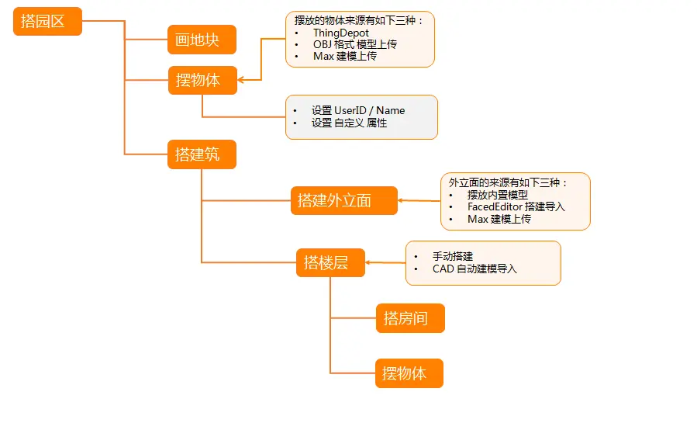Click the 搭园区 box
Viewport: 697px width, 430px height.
[47, 21]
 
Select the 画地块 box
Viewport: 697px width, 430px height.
[202, 40]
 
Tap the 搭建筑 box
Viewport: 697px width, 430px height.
[202, 154]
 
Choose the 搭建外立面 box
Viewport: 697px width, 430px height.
[343, 200]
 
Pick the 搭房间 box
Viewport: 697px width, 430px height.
[410, 318]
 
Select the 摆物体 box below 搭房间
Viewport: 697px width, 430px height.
[409, 373]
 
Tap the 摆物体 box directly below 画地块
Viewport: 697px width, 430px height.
[202, 80]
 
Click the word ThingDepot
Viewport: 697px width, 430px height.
[340, 33]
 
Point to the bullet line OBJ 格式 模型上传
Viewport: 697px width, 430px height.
[354, 44]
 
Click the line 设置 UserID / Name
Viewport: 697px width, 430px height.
[357, 110]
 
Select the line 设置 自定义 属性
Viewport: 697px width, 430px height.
[349, 123]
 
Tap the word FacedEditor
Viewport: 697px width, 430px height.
[495, 206]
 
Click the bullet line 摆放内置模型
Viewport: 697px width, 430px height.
[497, 195]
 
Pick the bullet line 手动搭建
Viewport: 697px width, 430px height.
[453, 256]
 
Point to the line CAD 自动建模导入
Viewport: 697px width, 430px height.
[474, 269]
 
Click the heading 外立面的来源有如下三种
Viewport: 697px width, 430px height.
[508, 182]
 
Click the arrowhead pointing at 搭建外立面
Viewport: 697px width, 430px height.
[402, 201]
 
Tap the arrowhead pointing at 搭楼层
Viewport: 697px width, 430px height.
[369, 262]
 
